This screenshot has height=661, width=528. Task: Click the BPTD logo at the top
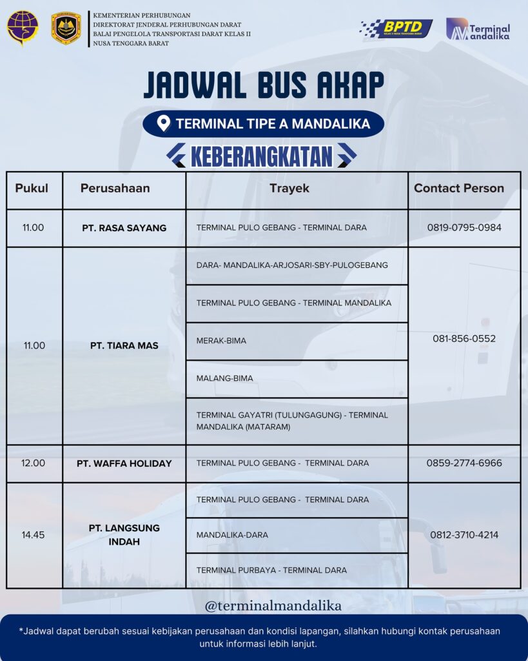396,28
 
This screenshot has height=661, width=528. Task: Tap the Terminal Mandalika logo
478,29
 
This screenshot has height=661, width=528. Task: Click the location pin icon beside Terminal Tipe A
164,123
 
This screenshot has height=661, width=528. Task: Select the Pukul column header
32,188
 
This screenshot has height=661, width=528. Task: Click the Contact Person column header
458,188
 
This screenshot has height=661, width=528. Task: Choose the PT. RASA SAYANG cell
124,228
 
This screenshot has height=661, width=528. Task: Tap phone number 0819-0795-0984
464,228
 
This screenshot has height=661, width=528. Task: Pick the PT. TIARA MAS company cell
124,346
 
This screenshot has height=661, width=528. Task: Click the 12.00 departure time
34,463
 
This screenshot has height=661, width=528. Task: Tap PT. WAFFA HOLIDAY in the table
124,463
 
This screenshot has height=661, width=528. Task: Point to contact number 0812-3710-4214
464,535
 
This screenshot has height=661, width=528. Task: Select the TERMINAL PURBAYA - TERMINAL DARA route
271,571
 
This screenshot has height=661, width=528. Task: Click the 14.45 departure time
34,535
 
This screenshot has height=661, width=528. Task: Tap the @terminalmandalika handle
273,606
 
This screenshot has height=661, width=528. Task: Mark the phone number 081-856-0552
464,339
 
